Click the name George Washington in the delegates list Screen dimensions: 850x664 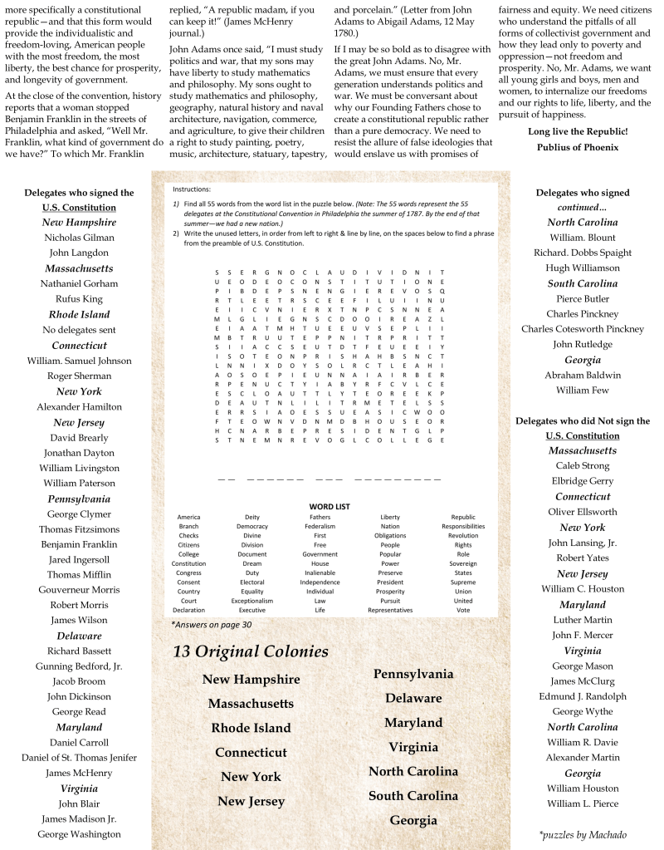pyautogui.click(x=79, y=833)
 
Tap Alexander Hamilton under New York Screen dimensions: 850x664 pyautogui.click(x=79, y=406)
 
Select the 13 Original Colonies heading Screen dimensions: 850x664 pyautogui.click(x=251, y=651)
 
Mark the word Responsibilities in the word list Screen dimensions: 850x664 pyautogui.click(x=463, y=526)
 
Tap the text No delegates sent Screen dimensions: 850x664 pyautogui.click(x=79, y=330)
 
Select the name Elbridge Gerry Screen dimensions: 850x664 pyautogui.click(x=583, y=481)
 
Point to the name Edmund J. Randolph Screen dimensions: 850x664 pyautogui.click(x=583, y=696)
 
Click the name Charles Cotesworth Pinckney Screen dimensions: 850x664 pyautogui.click(x=583, y=329)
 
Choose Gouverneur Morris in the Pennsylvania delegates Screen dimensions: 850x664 pyautogui.click(x=79, y=590)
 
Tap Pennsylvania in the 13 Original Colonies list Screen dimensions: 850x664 pyautogui.click(x=413, y=674)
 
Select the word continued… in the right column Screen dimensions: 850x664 pyautogui.click(x=583, y=207)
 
